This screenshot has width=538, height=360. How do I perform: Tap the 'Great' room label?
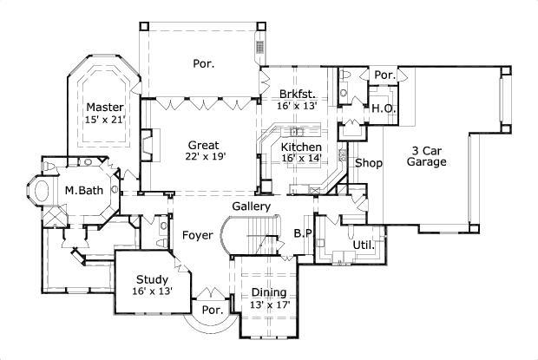tap(204, 145)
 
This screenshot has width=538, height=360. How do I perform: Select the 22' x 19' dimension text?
tap(204, 157)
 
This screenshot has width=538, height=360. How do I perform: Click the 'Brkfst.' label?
tap(297, 93)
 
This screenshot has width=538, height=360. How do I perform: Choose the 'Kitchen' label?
tap(299, 147)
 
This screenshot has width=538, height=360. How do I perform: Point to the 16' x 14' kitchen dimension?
tap(300, 159)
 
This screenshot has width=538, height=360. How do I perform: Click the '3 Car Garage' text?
tap(427, 155)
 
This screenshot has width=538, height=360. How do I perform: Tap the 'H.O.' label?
tap(384, 109)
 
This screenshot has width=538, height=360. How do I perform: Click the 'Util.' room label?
tap(364, 245)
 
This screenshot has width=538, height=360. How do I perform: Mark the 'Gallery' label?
tap(252, 206)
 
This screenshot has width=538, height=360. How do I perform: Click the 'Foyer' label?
tap(196, 235)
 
